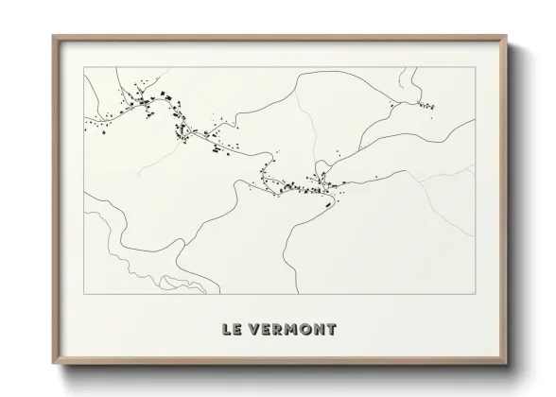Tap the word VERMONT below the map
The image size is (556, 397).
click(x=292, y=330)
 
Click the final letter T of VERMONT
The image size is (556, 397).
click(x=330, y=330)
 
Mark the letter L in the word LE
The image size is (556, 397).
click(x=226, y=330)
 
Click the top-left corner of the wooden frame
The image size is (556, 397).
click(x=53, y=36)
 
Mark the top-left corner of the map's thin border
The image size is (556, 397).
click(x=84, y=67)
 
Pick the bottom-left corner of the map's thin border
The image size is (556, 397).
click(x=84, y=294)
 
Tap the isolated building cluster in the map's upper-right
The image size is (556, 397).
click(x=423, y=101)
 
